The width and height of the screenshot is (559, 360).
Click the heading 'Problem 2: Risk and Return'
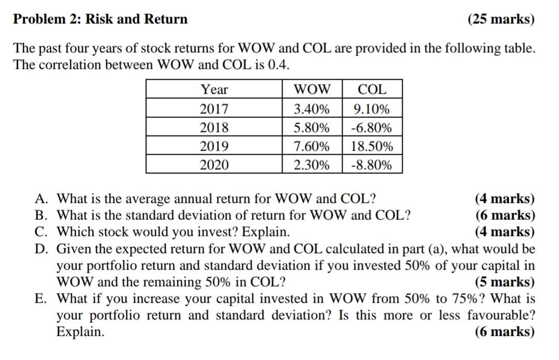tap(100, 20)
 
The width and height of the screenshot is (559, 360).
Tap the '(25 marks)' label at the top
tap(501, 20)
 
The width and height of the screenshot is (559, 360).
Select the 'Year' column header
tap(214, 89)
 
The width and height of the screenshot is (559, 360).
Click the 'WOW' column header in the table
tap(312, 89)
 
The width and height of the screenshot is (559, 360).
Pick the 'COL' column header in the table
tap(372, 89)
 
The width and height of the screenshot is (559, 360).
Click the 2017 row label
tap(214, 109)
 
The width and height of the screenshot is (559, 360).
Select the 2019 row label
tap(214, 146)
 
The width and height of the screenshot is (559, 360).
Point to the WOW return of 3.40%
tap(312, 109)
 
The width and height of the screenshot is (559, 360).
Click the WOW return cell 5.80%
tap(312, 128)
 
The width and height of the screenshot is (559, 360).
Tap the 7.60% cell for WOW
tap(312, 146)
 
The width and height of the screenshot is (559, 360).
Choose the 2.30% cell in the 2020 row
tap(312, 165)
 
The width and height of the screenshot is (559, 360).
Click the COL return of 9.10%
tap(372, 109)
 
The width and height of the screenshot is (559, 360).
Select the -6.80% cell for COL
tap(372, 128)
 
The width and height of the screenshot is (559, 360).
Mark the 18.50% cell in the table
tap(372, 146)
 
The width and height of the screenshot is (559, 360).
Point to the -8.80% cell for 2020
tap(372, 165)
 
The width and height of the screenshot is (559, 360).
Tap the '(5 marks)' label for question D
tap(505, 282)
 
